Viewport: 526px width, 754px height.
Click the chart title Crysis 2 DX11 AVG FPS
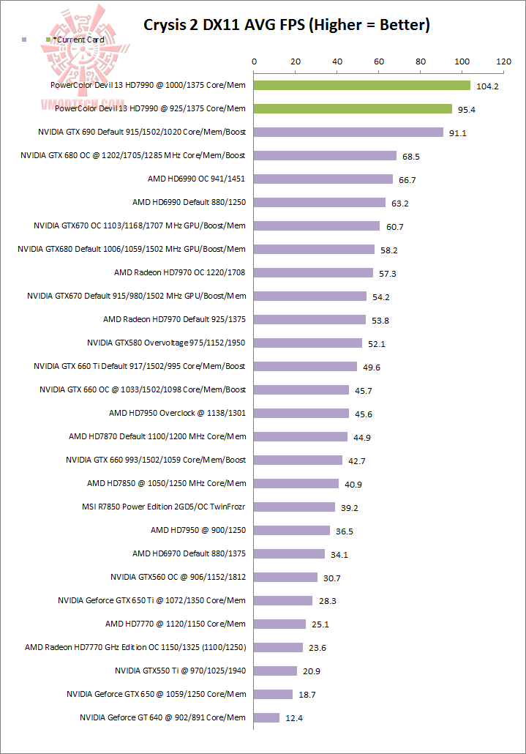coord(286,25)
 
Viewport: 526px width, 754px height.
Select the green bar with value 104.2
coord(362,86)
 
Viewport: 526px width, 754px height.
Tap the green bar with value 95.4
coord(353,109)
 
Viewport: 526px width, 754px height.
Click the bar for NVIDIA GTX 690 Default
coord(348,132)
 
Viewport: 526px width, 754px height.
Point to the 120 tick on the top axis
coord(503,62)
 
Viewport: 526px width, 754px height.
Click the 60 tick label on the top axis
coord(379,62)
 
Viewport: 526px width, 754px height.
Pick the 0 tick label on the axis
coord(254,62)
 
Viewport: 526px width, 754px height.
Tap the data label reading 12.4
coord(294,718)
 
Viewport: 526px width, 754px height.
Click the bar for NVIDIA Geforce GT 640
coord(266,717)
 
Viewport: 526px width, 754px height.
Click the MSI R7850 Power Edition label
coord(164,507)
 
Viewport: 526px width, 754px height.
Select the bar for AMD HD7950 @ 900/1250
coord(292,530)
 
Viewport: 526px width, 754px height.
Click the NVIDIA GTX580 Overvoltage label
coord(166,343)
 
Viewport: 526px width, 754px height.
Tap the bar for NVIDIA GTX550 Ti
coord(275,671)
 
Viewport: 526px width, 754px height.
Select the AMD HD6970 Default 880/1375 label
coord(189,553)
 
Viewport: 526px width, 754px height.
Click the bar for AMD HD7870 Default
coord(301,437)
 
